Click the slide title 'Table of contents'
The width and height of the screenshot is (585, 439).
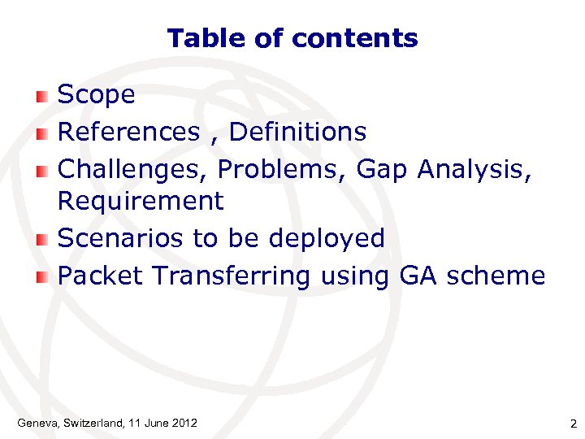(292, 38)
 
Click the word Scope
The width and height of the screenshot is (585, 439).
(97, 96)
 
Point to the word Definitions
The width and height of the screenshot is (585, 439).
(298, 132)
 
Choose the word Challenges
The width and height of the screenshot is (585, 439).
(133, 170)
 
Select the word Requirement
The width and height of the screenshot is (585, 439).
(141, 201)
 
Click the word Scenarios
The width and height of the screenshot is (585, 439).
(121, 238)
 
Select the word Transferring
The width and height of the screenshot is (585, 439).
(232, 276)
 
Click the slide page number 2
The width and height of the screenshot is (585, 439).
(573, 424)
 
